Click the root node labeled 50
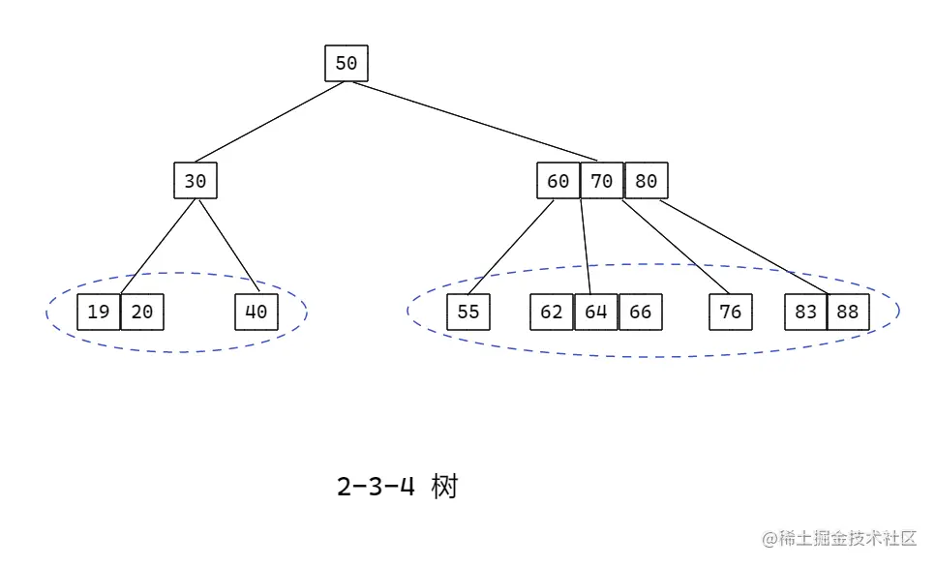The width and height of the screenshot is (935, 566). coord(346,64)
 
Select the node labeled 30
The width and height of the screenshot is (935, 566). coord(196,181)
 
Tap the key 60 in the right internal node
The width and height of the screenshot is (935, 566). coord(558,181)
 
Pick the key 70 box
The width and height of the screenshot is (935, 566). coord(602,181)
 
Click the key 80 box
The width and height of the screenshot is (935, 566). coord(646,181)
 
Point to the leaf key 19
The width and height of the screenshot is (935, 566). coord(98,312)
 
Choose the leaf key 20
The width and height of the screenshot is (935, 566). coord(141,312)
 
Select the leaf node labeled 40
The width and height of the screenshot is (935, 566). coord(256,312)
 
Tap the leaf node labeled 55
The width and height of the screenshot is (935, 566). coord(467,312)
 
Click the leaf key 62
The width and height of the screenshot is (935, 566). coord(552,312)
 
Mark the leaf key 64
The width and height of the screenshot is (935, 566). coord(595,312)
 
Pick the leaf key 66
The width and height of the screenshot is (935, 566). coord(640,312)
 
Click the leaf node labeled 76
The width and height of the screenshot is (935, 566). coord(731,312)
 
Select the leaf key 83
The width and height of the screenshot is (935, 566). coord(806,312)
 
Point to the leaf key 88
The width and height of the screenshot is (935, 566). coord(849,312)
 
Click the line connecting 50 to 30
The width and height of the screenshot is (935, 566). coord(269,122)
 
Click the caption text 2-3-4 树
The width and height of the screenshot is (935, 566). coord(397,487)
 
